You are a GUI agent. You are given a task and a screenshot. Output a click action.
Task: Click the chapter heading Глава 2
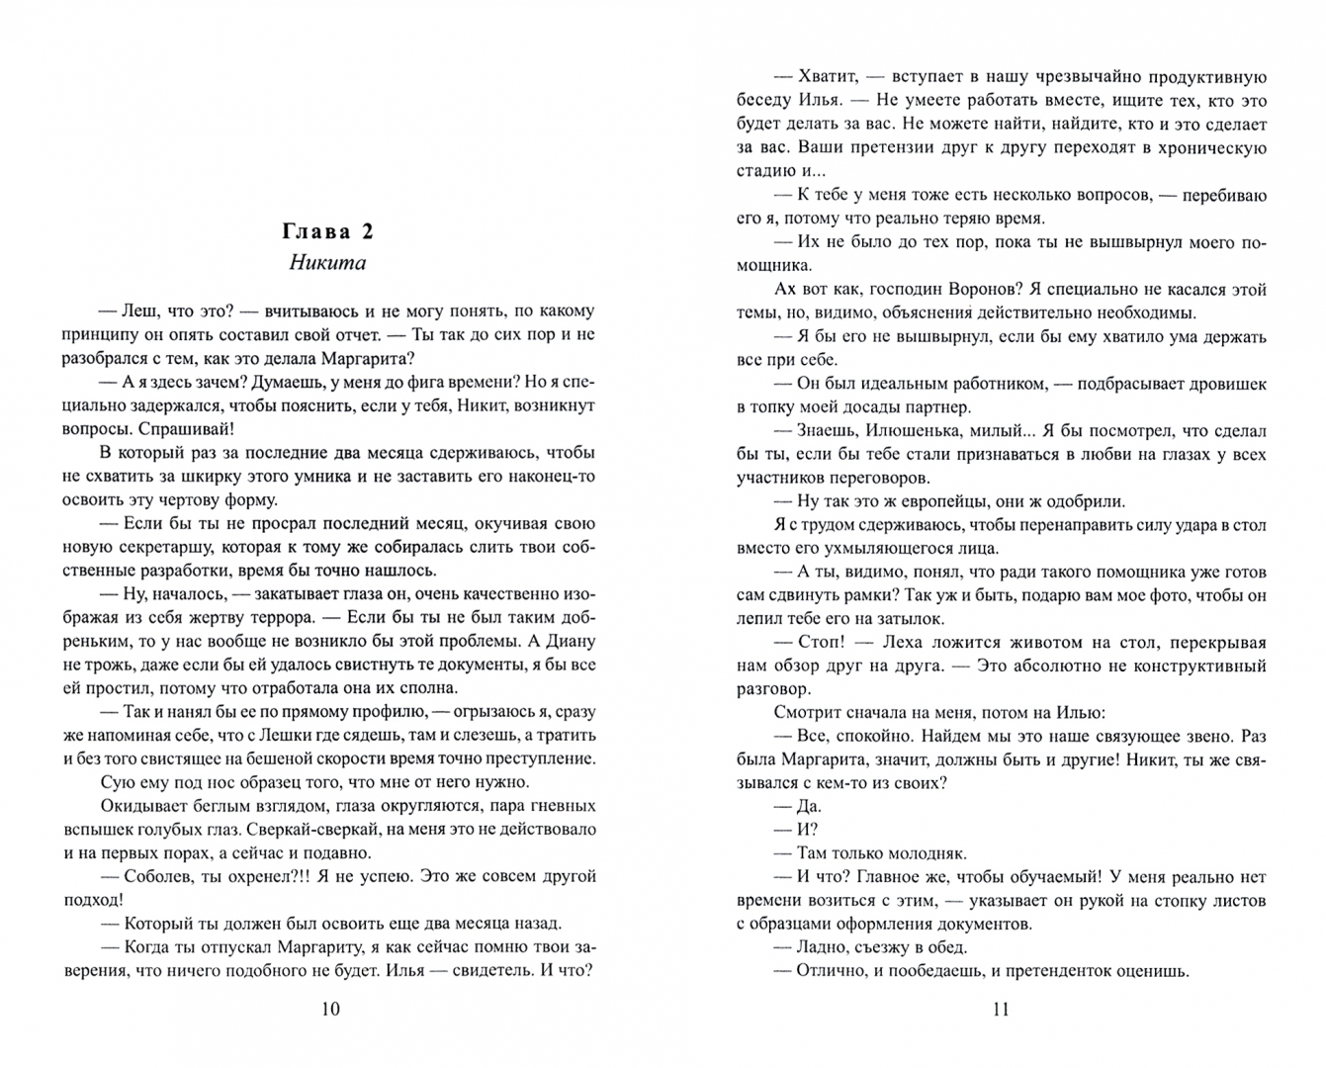(x=327, y=231)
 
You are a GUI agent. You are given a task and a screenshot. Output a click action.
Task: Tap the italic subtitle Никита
(x=327, y=263)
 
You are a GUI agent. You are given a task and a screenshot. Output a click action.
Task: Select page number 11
(x=1000, y=1009)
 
